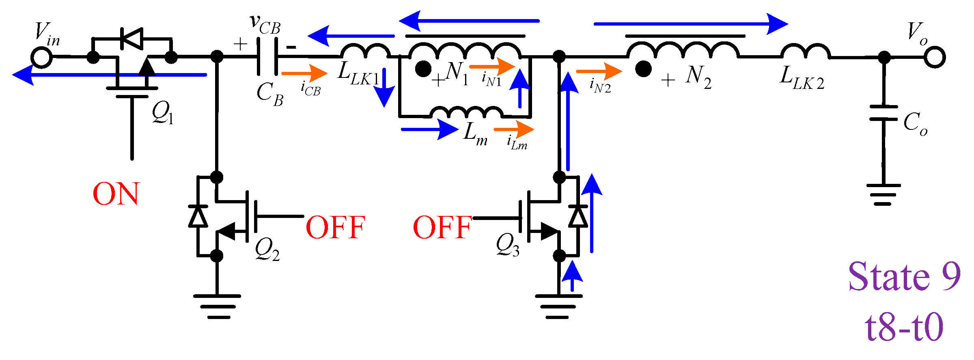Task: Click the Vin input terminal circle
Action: coord(42,57)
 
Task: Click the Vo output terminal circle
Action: coord(935,57)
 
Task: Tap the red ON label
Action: coord(116,194)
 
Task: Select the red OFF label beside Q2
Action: coord(335,227)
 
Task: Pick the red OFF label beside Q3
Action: coord(442,227)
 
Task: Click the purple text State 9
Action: coord(904,277)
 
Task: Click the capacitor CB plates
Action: coord(267,56)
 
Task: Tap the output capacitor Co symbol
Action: coord(883,113)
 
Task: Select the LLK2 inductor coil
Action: coord(805,52)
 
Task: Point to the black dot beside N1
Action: coord(423,69)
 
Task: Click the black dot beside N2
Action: coord(643,69)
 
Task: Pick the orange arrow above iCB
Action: coord(304,73)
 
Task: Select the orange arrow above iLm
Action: coord(514,129)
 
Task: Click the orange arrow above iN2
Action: coord(599,71)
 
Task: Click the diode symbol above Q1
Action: coord(132,39)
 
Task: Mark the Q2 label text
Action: coord(267,248)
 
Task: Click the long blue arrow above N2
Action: coord(690,24)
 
